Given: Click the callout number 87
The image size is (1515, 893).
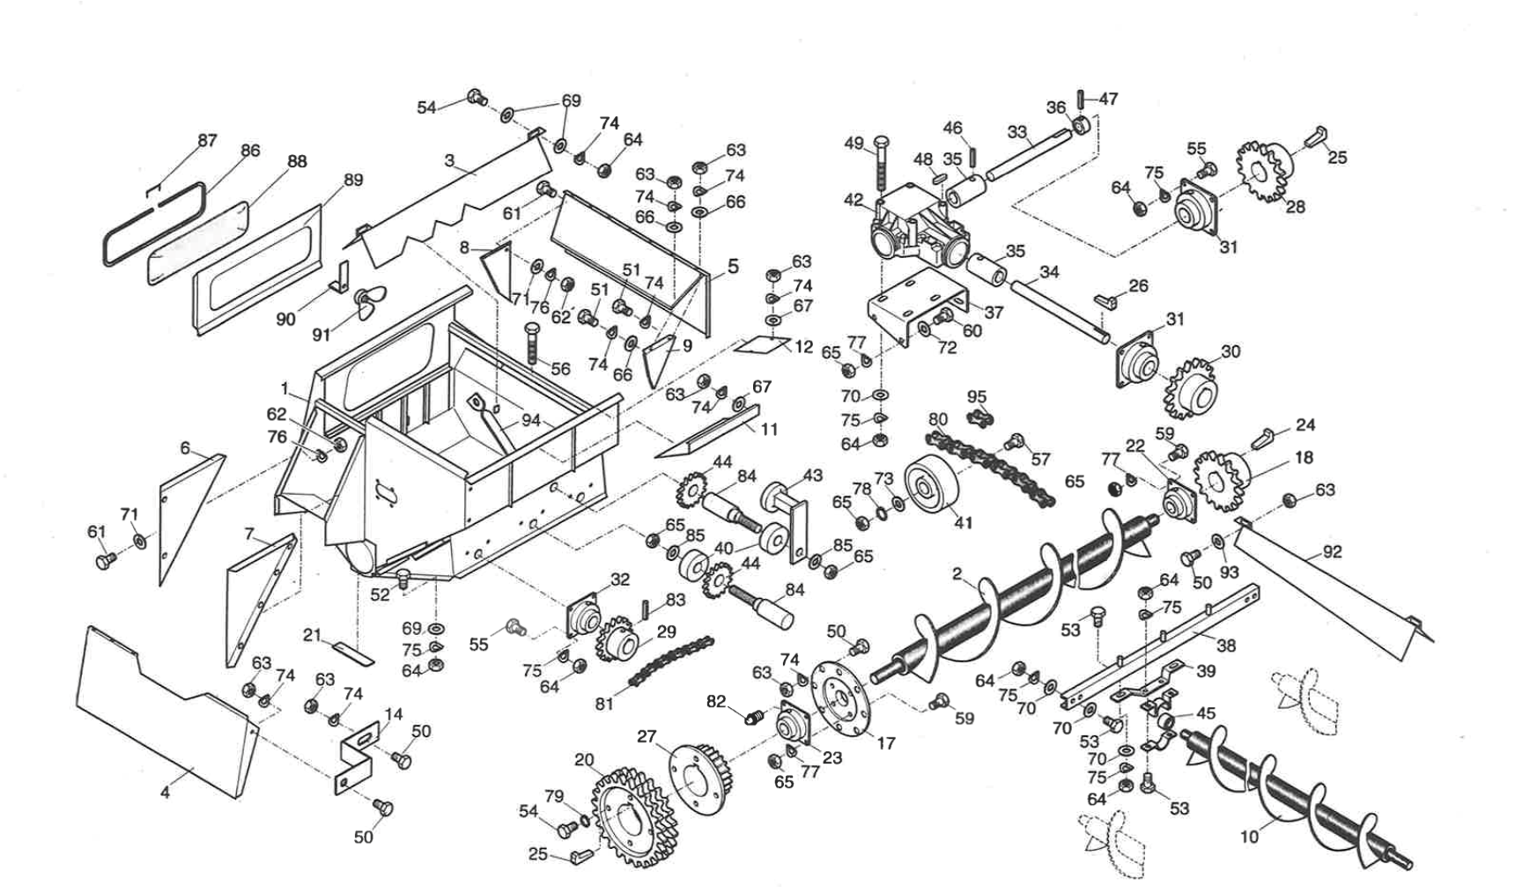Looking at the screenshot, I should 207,141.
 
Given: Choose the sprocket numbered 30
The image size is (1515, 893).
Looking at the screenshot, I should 1190,387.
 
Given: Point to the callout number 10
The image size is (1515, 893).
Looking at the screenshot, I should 1248,837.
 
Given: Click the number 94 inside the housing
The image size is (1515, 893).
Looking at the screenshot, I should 530,421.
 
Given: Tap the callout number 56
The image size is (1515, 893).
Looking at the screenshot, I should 561,369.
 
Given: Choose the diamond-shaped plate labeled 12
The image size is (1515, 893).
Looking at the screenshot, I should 762,344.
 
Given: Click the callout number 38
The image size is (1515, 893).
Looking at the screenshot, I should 1225,645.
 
